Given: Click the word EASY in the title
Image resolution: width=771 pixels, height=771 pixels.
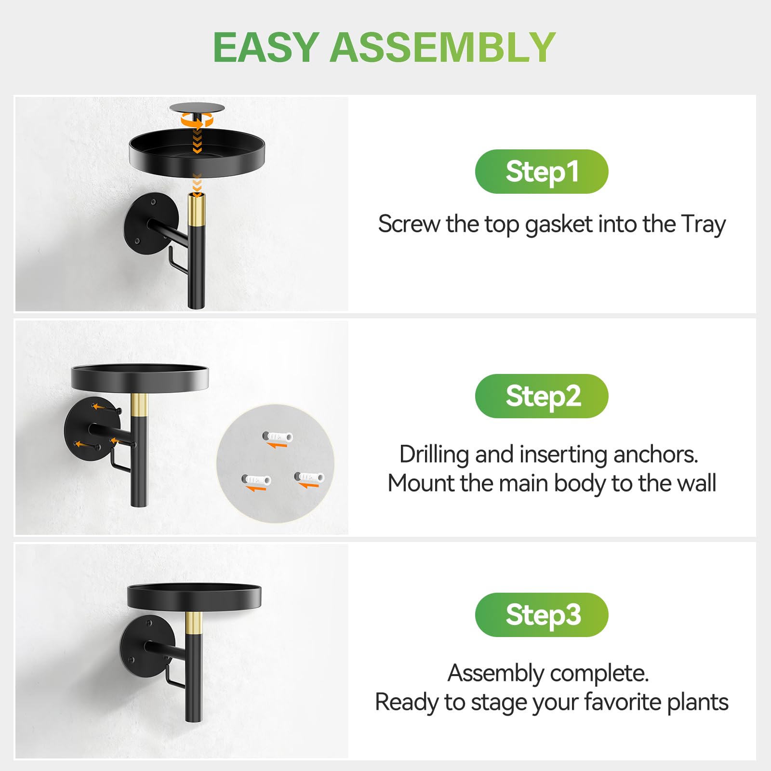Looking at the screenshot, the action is [266, 47].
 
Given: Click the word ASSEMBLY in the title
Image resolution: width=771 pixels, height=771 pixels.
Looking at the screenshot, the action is [443, 47].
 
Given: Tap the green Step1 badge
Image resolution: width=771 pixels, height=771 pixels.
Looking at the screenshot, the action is [542, 172].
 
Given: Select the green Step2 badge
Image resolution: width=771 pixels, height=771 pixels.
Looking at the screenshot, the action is [542, 396].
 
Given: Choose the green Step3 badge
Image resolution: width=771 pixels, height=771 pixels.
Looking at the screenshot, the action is [542, 615].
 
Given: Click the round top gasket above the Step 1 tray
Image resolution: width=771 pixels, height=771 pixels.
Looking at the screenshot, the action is [197, 108].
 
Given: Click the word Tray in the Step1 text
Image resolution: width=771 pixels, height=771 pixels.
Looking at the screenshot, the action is [704, 225].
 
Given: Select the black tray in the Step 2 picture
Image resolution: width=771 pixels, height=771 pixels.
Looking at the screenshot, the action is [140, 377].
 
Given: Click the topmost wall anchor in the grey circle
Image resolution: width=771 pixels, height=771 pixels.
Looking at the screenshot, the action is [278, 437].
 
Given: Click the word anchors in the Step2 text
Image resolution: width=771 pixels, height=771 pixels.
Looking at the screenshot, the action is [656, 454].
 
